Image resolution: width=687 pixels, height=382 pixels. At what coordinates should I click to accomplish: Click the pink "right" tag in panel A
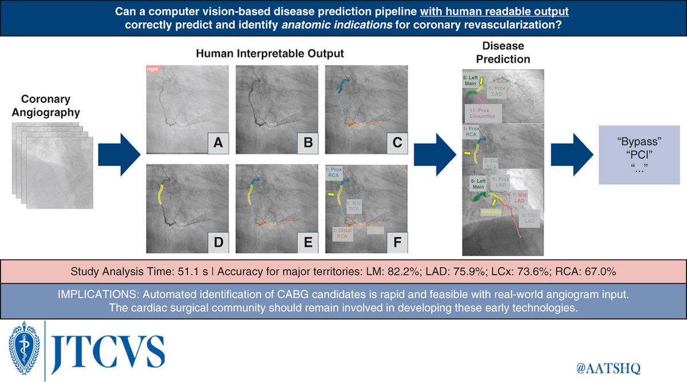click(x=152, y=69)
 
